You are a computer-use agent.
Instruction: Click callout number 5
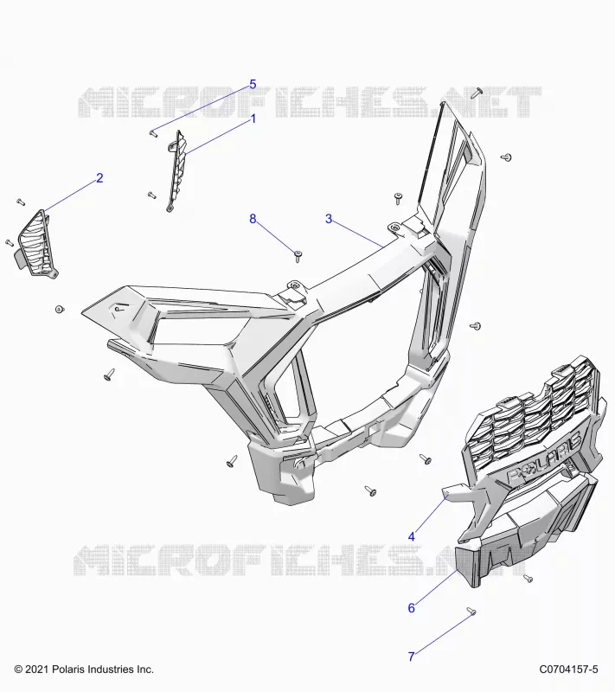[x=253, y=84]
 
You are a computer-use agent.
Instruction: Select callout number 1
[x=253, y=119]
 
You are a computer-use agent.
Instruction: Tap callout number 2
[x=99, y=178]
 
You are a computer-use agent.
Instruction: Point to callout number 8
[x=253, y=219]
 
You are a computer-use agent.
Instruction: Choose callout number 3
[x=329, y=219]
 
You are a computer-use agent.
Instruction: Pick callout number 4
[x=412, y=536]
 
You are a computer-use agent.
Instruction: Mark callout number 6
[x=412, y=608]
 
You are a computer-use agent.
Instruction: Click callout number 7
[x=412, y=657]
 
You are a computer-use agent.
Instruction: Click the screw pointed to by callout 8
[x=298, y=255]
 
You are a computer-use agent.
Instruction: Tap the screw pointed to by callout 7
[x=471, y=612]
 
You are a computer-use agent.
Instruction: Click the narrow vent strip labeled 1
[x=177, y=171]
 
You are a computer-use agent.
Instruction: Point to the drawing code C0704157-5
[x=568, y=670]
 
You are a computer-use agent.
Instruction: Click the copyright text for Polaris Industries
[x=84, y=670]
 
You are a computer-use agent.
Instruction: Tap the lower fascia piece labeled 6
[x=525, y=529]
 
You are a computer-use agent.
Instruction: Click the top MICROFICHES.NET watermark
[x=310, y=102]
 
